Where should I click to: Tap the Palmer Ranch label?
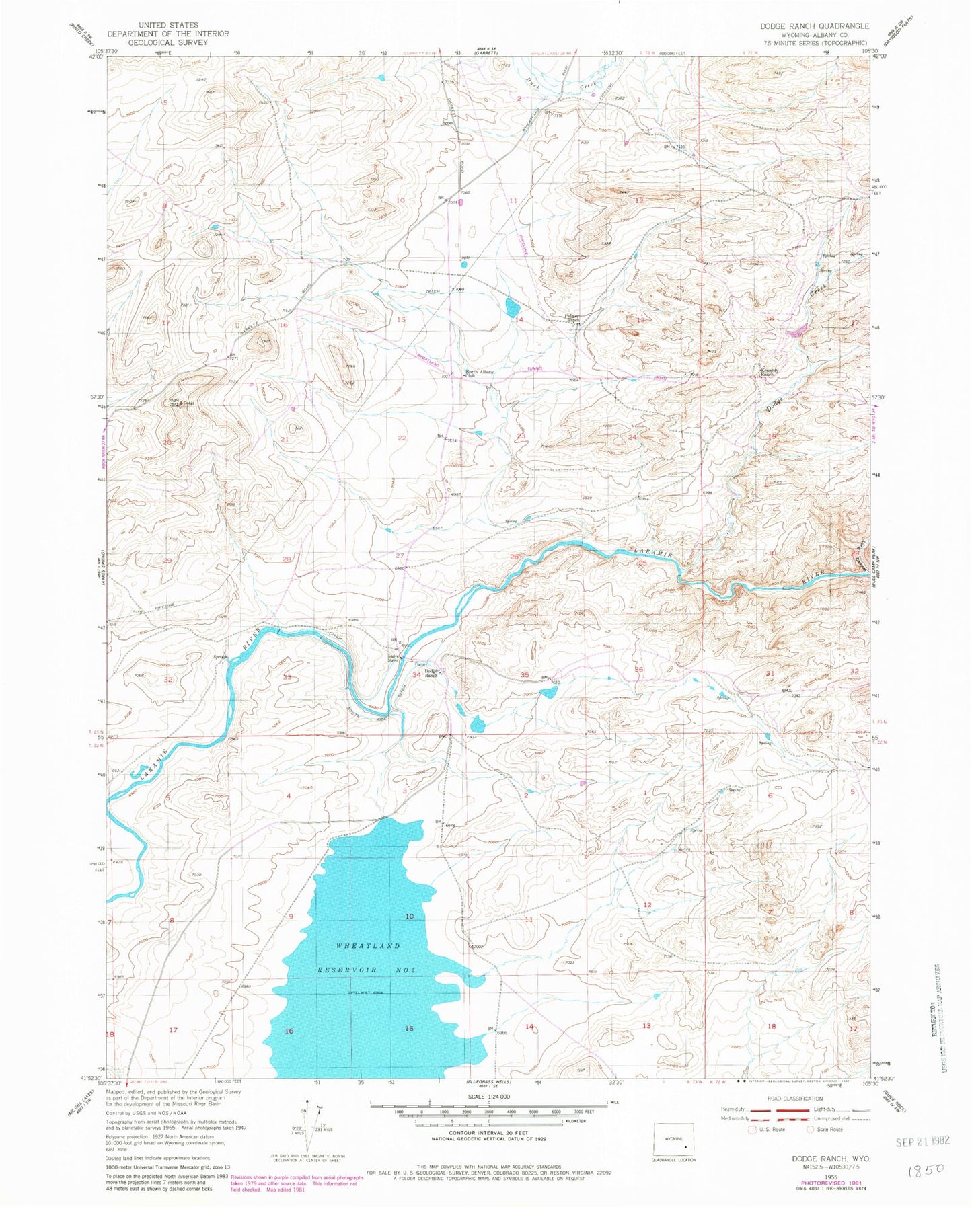(x=572, y=320)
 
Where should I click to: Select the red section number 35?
(x=525, y=674)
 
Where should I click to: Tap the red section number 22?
(x=402, y=438)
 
